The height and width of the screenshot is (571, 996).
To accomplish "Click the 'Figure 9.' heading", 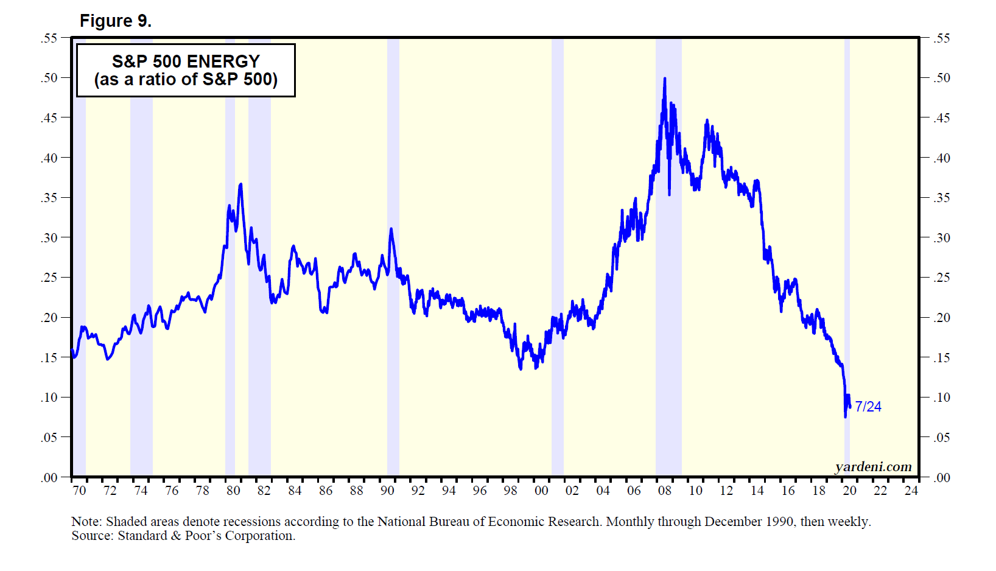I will (115, 21).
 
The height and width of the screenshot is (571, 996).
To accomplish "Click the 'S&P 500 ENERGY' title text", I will (186, 61).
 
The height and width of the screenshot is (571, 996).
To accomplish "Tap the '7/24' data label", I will (868, 407).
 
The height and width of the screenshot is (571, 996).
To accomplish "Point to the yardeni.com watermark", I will (873, 467).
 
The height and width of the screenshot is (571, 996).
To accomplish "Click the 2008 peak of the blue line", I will (664, 79).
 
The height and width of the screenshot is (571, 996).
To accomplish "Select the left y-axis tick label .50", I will (49, 78).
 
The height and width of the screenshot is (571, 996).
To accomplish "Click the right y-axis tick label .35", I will (941, 198).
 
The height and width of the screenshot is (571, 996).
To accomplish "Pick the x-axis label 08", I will (664, 491).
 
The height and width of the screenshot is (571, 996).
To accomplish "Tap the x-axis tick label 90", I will (387, 491).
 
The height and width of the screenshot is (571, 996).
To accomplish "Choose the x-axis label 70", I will (79, 491).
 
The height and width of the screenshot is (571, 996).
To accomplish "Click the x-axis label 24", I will (911, 491).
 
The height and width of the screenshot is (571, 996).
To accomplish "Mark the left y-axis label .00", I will (49, 478).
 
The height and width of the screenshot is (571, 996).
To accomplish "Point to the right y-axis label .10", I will (941, 398).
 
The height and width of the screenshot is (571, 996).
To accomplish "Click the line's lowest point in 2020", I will (845, 416).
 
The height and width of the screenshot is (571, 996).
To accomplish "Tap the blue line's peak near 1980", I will (241, 184).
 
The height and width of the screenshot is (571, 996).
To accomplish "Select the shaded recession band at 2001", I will (557, 256).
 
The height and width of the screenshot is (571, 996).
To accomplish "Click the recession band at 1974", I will (141, 256).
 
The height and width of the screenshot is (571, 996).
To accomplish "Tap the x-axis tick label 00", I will (541, 491).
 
